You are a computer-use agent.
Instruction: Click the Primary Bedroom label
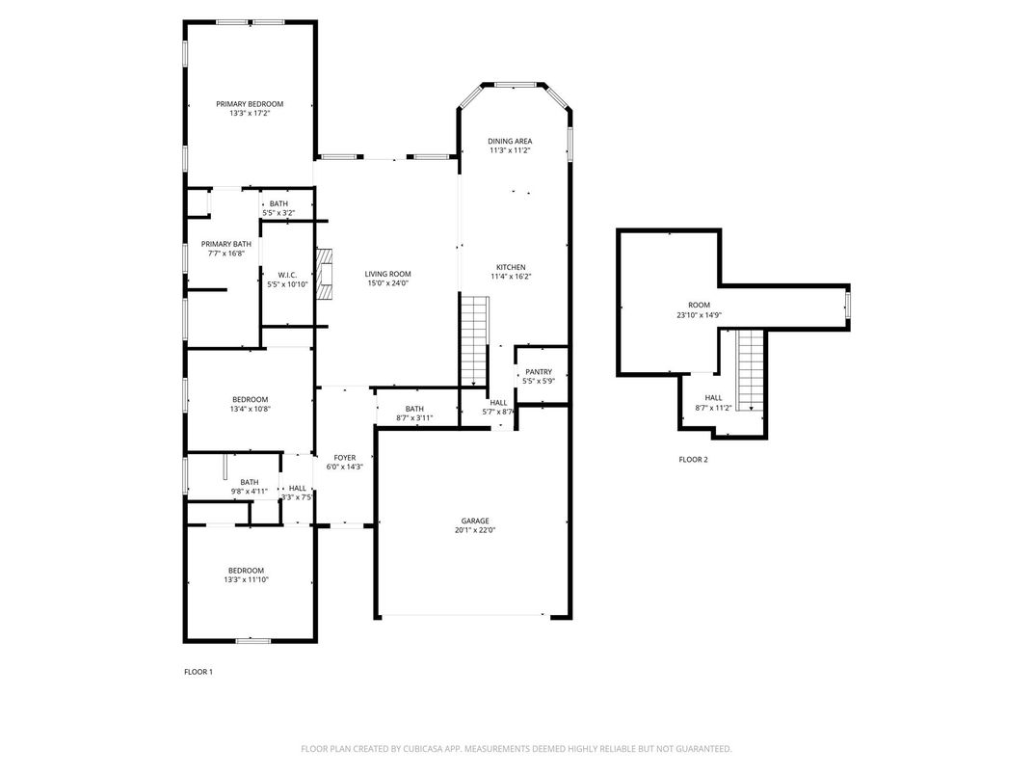(x=250, y=104)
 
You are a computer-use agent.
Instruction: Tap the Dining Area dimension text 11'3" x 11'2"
(x=510, y=150)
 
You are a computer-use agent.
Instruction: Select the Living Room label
(x=387, y=274)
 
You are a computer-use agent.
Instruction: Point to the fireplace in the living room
(x=330, y=272)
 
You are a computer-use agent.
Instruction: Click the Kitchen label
(x=510, y=267)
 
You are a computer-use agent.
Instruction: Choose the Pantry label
(x=538, y=372)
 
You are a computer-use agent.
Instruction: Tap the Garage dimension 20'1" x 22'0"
(x=475, y=530)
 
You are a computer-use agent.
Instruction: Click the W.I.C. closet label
(x=286, y=275)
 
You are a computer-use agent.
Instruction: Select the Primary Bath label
(x=225, y=244)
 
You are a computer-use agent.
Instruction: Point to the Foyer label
(x=344, y=457)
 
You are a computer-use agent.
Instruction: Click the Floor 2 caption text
(x=693, y=460)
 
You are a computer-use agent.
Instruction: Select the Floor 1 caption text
(x=198, y=671)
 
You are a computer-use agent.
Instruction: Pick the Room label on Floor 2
(x=699, y=304)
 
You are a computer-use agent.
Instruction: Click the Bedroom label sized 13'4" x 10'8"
(x=250, y=399)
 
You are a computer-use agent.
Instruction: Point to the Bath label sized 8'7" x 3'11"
(x=414, y=409)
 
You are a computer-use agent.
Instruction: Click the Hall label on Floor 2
(x=713, y=397)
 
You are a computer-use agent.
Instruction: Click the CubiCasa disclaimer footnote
(x=516, y=748)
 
